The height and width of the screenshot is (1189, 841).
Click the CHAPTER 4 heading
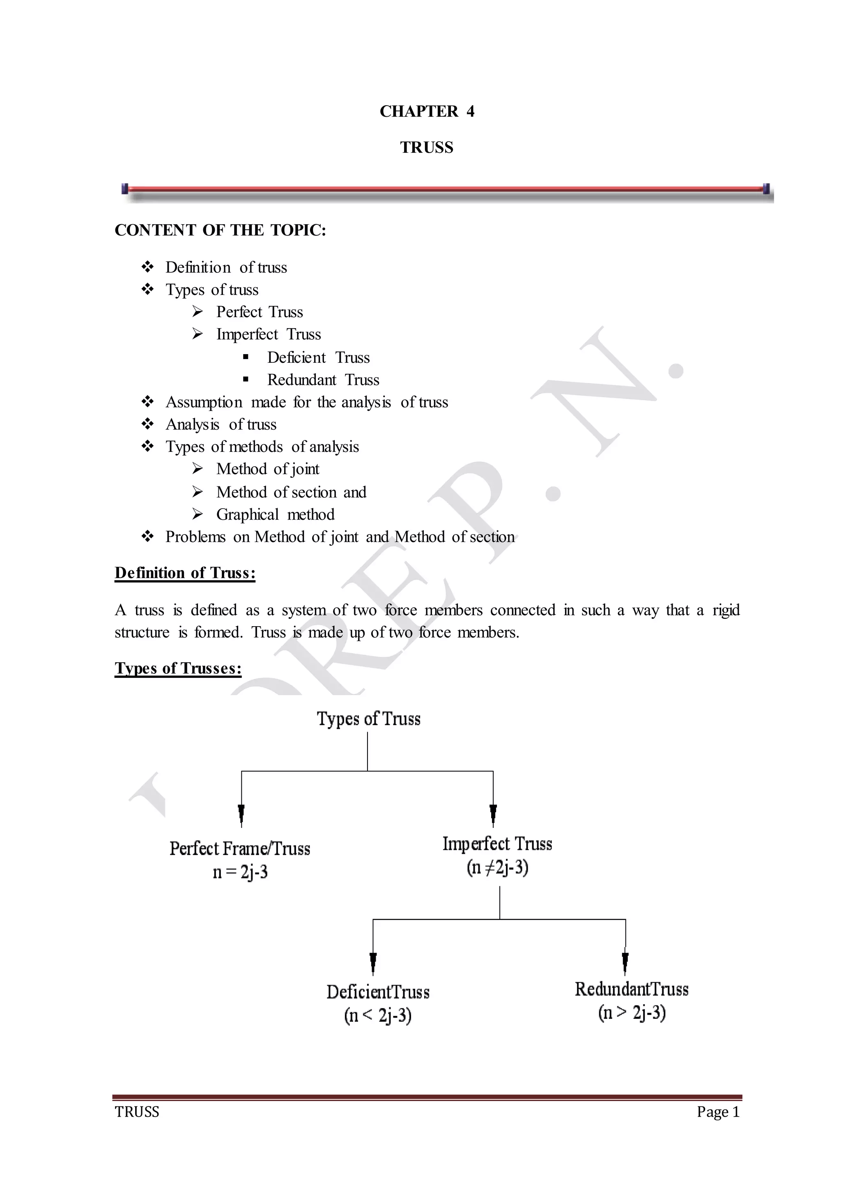[427, 111]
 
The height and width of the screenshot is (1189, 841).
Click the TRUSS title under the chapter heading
[426, 147]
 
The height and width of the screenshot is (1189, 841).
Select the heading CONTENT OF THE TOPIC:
[221, 230]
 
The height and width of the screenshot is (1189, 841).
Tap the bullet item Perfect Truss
[259, 312]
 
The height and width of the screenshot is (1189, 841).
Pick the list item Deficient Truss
[318, 357]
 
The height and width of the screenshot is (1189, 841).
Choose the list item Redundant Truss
[323, 380]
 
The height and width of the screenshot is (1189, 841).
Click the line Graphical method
[275, 514]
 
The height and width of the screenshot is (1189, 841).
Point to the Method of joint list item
[267, 469]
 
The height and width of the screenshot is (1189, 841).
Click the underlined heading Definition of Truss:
[185, 573]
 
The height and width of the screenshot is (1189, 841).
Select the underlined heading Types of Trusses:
[178, 668]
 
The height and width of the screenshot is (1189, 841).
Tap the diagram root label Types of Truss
[368, 719]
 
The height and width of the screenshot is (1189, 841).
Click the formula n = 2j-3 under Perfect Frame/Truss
[240, 873]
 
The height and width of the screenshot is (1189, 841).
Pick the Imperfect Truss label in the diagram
[497, 844]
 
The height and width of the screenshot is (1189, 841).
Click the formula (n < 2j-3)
[377, 1016]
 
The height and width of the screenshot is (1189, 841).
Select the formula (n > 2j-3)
[631, 1013]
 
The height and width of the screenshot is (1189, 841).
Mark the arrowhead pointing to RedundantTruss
[625, 961]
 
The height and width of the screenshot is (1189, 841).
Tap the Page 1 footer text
[718, 1112]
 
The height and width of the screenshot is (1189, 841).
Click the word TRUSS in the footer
[137, 1112]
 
